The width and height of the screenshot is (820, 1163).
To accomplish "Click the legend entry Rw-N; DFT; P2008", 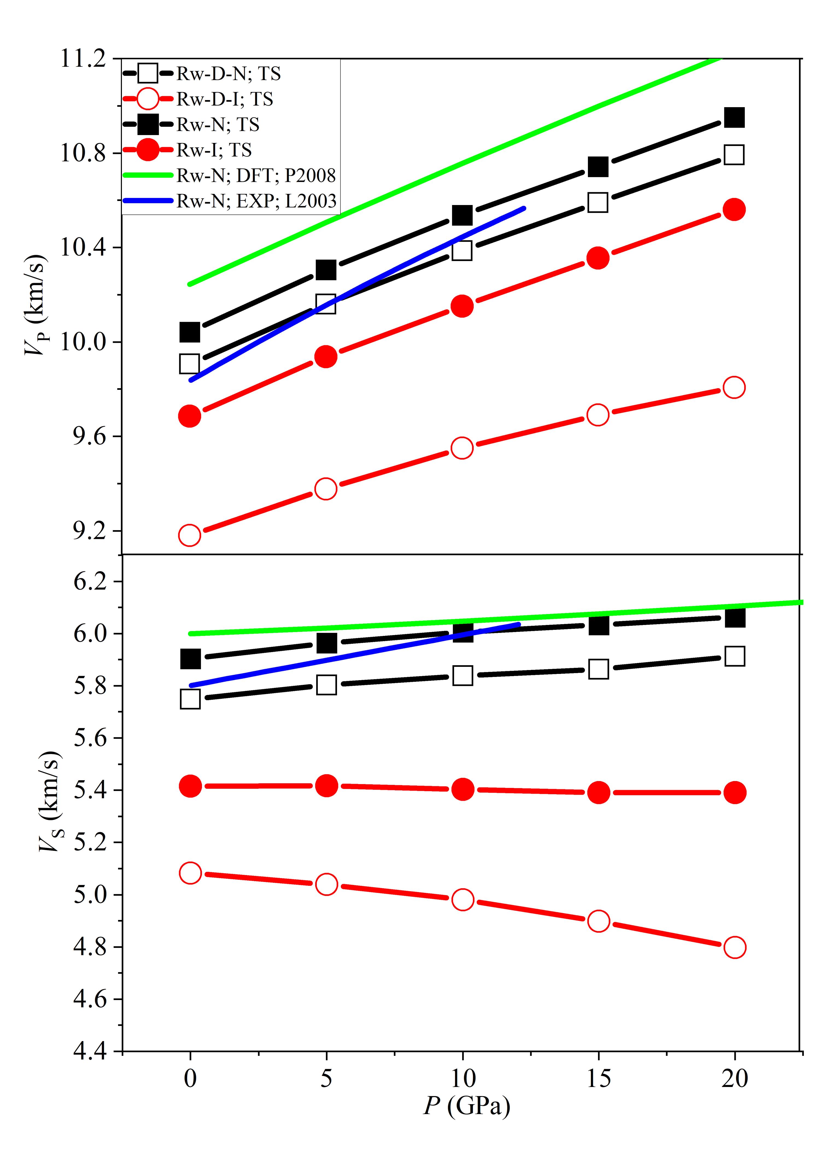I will click(x=256, y=175).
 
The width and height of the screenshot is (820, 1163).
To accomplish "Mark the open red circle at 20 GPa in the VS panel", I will click(x=734, y=947).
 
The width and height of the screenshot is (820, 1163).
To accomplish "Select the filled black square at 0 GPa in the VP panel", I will click(x=189, y=332).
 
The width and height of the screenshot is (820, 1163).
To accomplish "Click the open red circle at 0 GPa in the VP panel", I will click(x=189, y=535).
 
